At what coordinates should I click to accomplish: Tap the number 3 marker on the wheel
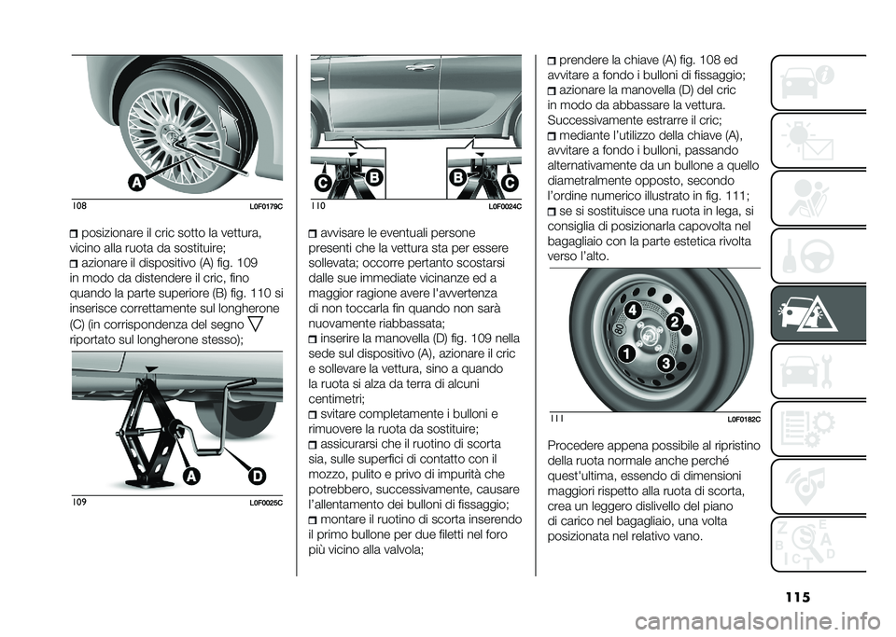pos(665,362)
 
